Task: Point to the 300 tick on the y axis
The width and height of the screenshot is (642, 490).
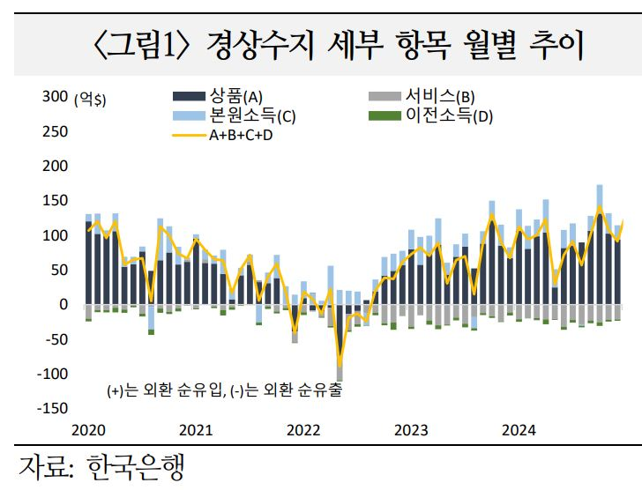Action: pyautogui.click(x=55, y=97)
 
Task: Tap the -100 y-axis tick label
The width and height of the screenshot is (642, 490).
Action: pyautogui.click(x=52, y=374)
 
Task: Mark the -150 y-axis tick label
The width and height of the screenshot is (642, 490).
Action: pyautogui.click(x=52, y=408)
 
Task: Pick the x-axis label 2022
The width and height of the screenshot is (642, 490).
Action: pyautogui.click(x=303, y=430)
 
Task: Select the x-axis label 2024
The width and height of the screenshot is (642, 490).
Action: pyautogui.click(x=519, y=430)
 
